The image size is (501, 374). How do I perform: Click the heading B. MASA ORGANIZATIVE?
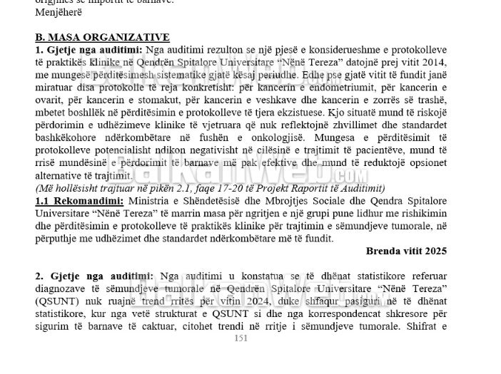pyautogui.click(x=102, y=37)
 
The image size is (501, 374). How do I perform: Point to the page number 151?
pyautogui.click(x=241, y=338)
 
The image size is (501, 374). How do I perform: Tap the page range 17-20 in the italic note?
pyautogui.click(x=213, y=189)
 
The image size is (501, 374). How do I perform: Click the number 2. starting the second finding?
pyautogui.click(x=39, y=276)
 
